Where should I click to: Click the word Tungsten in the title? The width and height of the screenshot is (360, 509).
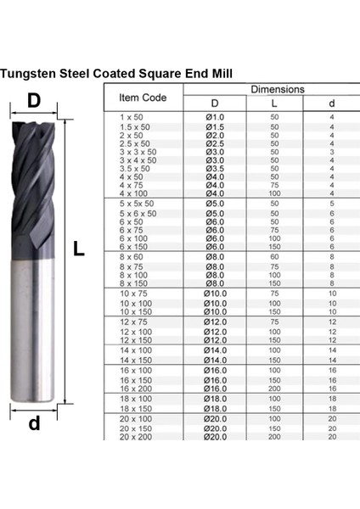[x=31, y=73]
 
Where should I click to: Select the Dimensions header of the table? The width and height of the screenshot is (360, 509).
[x=277, y=88]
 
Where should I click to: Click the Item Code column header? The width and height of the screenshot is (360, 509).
[x=141, y=97]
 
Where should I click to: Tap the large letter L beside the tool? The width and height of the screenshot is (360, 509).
[x=78, y=249]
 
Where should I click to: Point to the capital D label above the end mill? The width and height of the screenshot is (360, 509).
[x=34, y=100]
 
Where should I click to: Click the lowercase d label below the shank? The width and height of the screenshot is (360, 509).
[x=34, y=422]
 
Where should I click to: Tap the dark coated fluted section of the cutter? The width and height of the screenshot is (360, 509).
[x=34, y=187]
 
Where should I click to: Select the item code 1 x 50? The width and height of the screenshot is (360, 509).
[x=133, y=116]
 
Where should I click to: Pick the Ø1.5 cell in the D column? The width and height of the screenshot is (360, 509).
[x=215, y=126]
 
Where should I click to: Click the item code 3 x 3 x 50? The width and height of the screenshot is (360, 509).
[x=138, y=151]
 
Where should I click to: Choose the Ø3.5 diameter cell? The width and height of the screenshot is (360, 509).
[x=215, y=168]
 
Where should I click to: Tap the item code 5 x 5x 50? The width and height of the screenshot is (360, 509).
[x=138, y=204]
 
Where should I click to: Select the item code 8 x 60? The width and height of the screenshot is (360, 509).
[x=133, y=255]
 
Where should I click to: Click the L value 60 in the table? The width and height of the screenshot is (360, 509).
[x=274, y=255]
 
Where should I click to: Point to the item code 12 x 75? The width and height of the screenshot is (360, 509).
[x=135, y=322]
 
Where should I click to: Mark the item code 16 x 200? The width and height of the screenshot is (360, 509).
[x=137, y=389]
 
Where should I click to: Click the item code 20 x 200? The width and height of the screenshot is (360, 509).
[x=137, y=436]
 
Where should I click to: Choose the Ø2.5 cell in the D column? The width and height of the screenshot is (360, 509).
[x=215, y=143]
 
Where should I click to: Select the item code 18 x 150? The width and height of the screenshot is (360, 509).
[x=137, y=408]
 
